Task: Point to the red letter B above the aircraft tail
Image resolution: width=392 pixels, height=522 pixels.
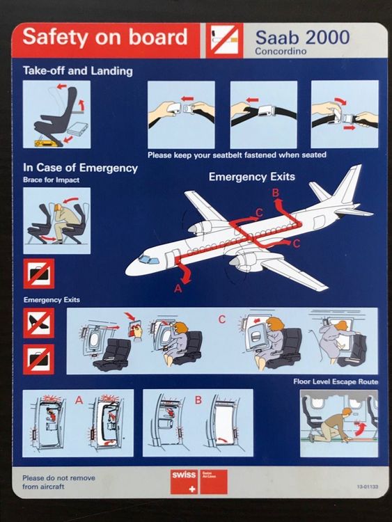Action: (276, 191)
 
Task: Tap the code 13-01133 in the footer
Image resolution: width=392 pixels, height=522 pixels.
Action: (366, 487)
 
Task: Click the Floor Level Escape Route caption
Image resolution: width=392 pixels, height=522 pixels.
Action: (336, 382)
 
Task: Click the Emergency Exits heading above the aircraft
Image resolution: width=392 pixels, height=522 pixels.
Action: (252, 177)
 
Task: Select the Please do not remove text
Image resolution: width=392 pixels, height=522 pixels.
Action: (58, 482)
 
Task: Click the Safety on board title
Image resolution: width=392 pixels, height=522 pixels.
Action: (105, 37)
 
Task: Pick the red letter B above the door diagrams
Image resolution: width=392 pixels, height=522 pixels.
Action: (198, 400)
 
